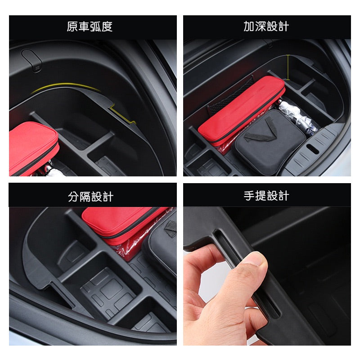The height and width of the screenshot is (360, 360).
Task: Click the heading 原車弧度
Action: tap(90, 27)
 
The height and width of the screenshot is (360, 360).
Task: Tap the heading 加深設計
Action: tap(266, 27)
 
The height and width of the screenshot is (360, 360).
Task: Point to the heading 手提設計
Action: tap(266, 196)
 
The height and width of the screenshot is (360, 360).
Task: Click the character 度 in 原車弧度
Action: tap(107, 27)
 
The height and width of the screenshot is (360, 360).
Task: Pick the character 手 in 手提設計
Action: tap(249, 196)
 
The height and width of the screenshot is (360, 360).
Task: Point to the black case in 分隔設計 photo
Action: tap(162, 245)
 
